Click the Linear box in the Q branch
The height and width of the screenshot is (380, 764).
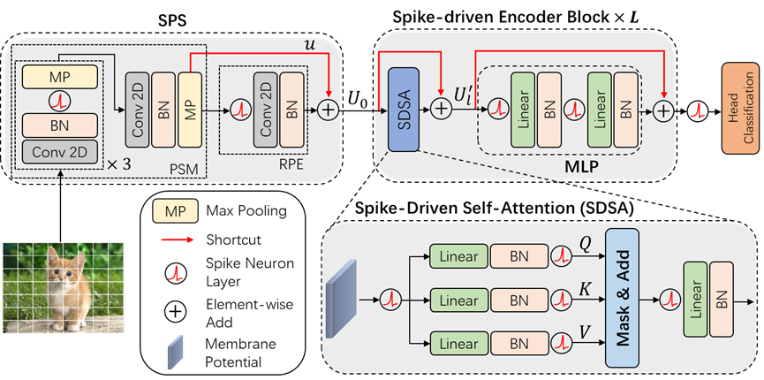(458, 257)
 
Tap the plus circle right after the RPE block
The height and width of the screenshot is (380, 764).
(329, 110)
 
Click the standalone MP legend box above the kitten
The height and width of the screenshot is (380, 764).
(175, 211)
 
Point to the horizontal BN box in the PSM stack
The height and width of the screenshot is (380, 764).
(60, 124)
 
